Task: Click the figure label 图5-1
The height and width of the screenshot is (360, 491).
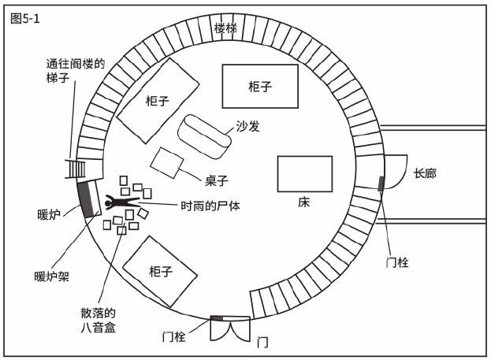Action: [x=24, y=19]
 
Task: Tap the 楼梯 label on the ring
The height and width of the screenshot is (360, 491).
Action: [x=225, y=28]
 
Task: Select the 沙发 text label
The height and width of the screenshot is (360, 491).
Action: [x=248, y=126]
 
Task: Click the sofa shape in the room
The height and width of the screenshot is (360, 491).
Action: [x=204, y=136]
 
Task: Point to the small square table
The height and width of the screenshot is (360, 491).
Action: [x=166, y=163]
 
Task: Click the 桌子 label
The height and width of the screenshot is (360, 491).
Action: [x=217, y=180]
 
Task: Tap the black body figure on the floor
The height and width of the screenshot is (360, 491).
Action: [x=122, y=202]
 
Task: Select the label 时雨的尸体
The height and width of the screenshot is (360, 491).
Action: [x=210, y=206]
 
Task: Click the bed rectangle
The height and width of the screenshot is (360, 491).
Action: [x=305, y=174]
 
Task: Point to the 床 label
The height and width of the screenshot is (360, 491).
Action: [x=303, y=202]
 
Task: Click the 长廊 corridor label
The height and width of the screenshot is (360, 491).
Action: [x=425, y=173]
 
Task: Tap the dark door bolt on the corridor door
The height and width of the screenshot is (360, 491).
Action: [x=381, y=184]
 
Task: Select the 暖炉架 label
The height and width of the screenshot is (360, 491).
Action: [x=52, y=276]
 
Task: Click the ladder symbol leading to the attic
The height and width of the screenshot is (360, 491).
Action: [x=75, y=169]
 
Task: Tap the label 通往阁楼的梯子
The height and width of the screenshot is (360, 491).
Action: [x=75, y=70]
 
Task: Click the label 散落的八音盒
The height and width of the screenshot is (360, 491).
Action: [x=99, y=320]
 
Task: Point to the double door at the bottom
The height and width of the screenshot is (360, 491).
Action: [x=230, y=328]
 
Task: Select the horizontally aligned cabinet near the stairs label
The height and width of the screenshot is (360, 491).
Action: [x=260, y=87]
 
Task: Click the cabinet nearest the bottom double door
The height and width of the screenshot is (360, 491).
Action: [x=160, y=272]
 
